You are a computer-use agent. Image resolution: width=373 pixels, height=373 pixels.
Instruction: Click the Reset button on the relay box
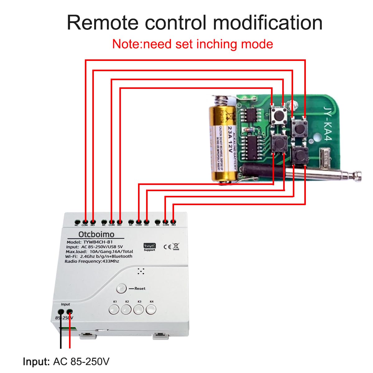point(121,288)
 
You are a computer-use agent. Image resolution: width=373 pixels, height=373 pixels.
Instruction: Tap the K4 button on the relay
point(151,309)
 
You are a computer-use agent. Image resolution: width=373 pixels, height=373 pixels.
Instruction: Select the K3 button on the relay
point(139,309)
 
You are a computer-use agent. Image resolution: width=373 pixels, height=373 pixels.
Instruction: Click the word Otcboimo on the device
point(96,234)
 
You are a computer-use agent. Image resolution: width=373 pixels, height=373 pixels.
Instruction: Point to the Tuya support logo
point(150,247)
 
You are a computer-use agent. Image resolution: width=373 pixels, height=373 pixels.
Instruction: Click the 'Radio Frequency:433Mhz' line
point(92,261)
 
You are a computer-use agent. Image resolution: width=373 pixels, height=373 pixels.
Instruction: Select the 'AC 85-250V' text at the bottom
point(81,362)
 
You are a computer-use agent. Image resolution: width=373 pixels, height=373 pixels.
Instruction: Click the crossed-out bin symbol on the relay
point(176,247)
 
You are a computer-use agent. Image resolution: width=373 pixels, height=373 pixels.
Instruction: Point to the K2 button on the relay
point(126,309)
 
